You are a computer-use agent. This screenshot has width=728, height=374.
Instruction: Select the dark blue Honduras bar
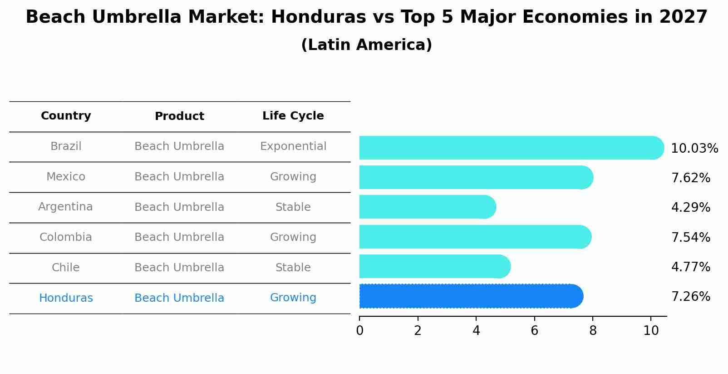coord(471,296)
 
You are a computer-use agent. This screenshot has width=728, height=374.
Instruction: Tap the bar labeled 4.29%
coord(427,207)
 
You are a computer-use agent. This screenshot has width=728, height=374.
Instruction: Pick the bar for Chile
coord(434,266)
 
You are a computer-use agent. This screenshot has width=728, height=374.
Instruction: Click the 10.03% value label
coord(694,149)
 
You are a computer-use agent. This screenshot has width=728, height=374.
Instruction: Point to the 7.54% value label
coord(690,237)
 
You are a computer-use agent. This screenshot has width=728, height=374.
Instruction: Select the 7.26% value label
coord(690,297)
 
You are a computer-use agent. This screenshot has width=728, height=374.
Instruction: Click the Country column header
coord(66,116)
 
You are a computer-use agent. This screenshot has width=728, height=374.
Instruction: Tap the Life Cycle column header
coord(293,116)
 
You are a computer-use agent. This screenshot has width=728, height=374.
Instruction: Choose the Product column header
coord(179,116)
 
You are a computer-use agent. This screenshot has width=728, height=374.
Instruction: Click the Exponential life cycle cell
coord(293,146)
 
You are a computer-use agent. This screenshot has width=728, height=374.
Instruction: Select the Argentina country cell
coord(65,207)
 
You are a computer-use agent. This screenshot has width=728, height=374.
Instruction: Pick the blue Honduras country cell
coord(66,298)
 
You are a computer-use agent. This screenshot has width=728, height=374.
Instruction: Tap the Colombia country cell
coord(66,237)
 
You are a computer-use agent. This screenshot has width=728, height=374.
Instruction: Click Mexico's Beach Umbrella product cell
coord(179,177)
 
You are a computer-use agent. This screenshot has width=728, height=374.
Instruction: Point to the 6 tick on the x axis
coord(534,330)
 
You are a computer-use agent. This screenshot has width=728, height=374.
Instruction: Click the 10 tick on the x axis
coord(651,330)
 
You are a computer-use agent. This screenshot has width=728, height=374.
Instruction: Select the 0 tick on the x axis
coord(359,330)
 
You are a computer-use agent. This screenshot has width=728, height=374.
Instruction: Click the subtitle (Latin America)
coord(366,45)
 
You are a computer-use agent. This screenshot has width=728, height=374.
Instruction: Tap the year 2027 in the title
coord(683,17)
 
